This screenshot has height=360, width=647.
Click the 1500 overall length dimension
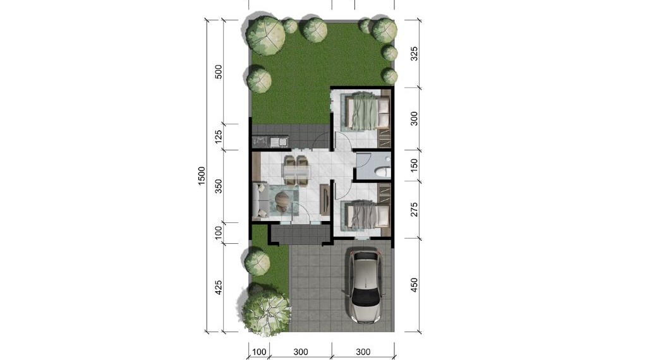click(x=202, y=176)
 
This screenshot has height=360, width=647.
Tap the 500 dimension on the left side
click(x=219, y=72)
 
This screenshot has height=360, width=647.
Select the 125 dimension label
click(x=219, y=137)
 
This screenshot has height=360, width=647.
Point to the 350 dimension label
click(x=219, y=186)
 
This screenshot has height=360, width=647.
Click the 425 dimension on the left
click(x=219, y=287)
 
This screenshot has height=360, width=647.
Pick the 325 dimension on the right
click(x=414, y=54)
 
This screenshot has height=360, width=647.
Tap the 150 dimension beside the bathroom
click(x=414, y=165)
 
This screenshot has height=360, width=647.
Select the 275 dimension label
click(x=414, y=210)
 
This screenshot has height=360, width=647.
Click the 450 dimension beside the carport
click(x=414, y=285)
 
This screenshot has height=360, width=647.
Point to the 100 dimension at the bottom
click(x=259, y=352)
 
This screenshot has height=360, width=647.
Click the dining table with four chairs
click(x=296, y=171)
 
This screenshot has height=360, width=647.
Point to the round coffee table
click(x=283, y=199)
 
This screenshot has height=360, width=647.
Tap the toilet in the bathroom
click(x=382, y=171)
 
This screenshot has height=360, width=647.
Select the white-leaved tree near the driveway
click(x=266, y=311)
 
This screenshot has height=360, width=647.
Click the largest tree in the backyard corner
click(x=266, y=35)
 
